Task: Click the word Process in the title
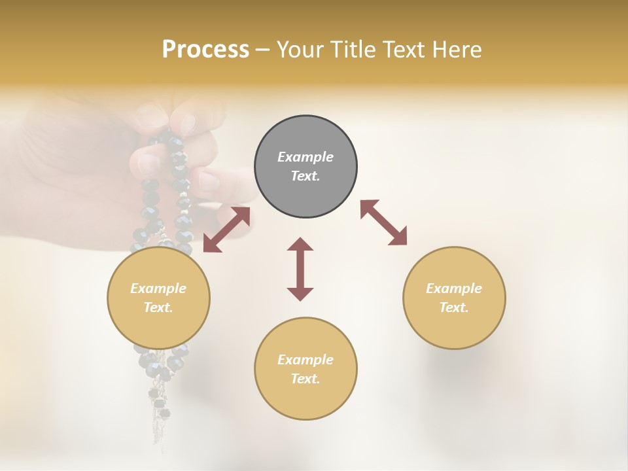205,50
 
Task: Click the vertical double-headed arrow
300,269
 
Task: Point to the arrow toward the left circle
226,229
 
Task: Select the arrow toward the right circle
383,222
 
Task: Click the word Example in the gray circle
305,157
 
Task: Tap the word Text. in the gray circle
305,176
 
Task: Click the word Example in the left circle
158,288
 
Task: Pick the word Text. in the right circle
454,307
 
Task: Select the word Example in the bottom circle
305,360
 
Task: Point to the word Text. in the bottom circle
305,379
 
